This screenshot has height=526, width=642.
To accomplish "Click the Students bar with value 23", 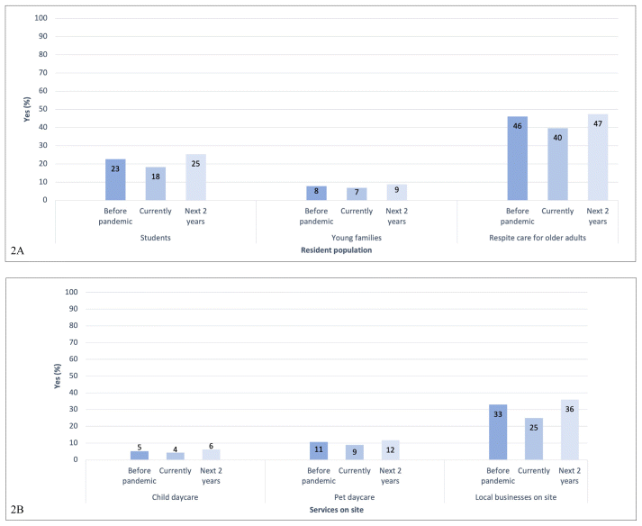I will (x=115, y=179).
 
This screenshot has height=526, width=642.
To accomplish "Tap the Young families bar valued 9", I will (x=397, y=192).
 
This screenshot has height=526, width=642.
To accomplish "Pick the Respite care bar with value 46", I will (x=517, y=159).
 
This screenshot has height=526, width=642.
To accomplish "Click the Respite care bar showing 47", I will (x=598, y=158).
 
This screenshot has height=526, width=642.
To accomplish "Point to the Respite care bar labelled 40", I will (x=557, y=164).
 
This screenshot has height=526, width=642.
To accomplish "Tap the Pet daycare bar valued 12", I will (x=390, y=449).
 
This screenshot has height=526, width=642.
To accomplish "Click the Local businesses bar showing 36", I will (x=569, y=430).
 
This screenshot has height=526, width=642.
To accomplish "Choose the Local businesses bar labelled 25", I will (x=534, y=439).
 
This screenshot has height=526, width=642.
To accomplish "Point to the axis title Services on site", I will (x=336, y=511).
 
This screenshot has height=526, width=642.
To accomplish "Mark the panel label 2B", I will (x=17, y=509).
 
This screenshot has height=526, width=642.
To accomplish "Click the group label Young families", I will (x=357, y=238).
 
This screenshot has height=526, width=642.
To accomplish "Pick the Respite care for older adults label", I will (x=557, y=238).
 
